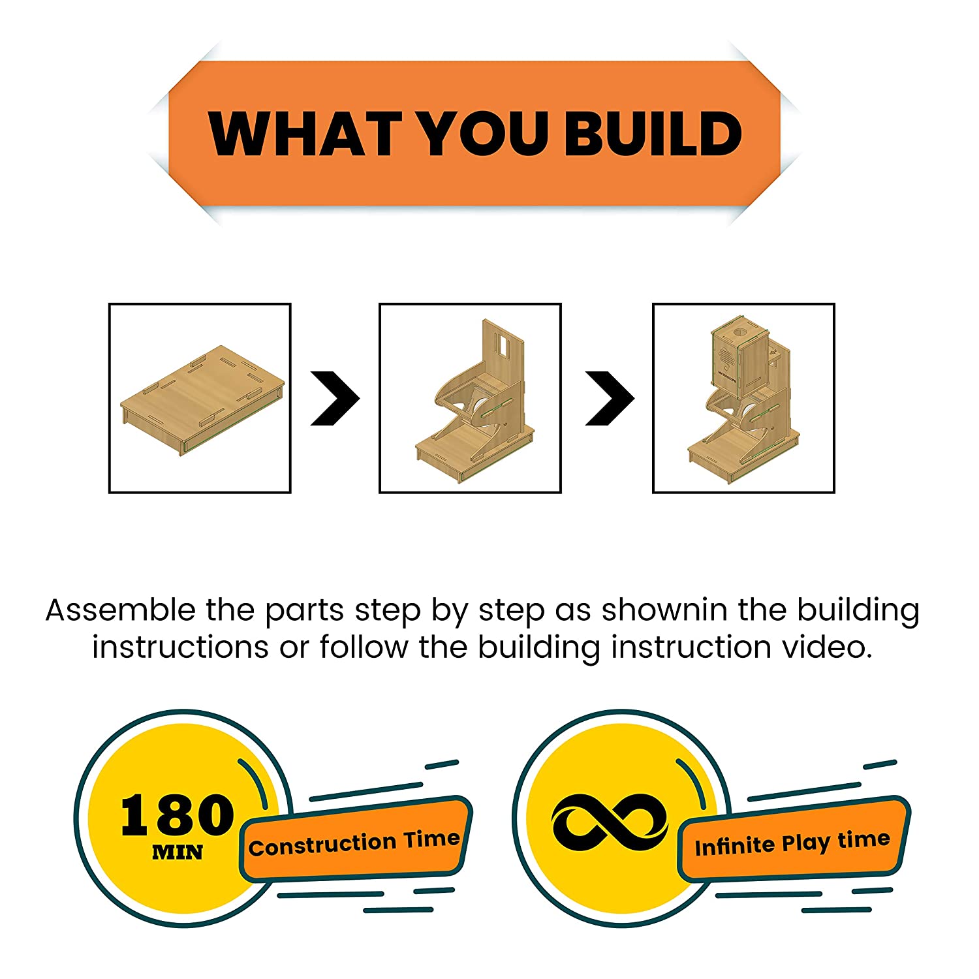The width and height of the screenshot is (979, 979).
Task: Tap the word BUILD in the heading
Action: pos(653,133)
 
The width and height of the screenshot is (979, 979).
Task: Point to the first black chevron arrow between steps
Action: pos(335,398)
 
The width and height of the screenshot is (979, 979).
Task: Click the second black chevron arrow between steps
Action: pos(610,398)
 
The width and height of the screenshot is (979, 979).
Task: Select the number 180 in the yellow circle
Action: pos(177,816)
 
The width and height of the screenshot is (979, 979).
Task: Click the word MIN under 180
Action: pos(178,852)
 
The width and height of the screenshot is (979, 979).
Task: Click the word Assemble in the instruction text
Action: pos(120,610)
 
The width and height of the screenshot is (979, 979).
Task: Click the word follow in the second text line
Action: pos(364,647)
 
